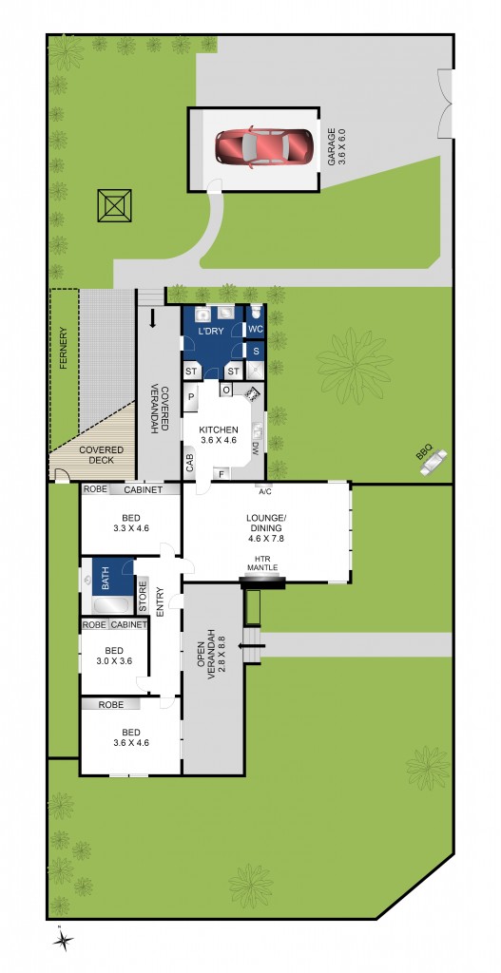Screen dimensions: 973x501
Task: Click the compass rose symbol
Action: tap(64, 941)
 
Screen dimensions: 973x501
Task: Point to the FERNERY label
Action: tap(64, 348)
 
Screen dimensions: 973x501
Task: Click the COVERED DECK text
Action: tap(95, 454)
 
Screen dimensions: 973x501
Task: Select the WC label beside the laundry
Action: tap(255, 329)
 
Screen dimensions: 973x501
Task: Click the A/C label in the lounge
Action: tap(265, 492)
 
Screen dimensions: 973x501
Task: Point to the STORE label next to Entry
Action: tap(144, 602)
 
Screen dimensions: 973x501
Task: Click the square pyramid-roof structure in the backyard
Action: tap(115, 205)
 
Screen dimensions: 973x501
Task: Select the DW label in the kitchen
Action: tap(255, 448)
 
